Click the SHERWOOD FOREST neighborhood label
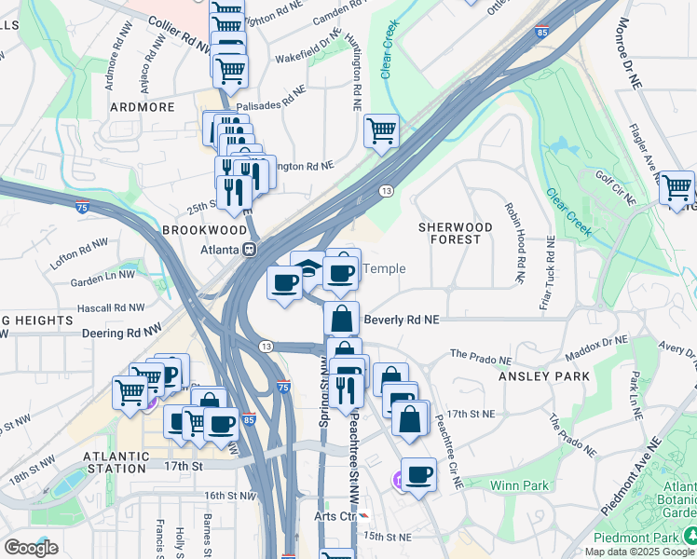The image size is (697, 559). pos(455,233)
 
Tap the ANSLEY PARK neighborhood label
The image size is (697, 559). pos(544,376)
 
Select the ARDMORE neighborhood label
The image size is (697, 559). pos(143,107)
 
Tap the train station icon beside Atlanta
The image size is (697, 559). pos(250,250)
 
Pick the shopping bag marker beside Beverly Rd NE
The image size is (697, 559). pos(342,318)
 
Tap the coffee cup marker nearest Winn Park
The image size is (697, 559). pos(418,475)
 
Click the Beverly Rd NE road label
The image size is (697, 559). pos(401,319)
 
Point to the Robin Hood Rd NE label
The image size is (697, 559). pos(513,243)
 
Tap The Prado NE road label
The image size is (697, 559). pos(481,356)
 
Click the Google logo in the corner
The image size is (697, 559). pos(31,547)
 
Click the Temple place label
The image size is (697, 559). pos(383,268)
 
